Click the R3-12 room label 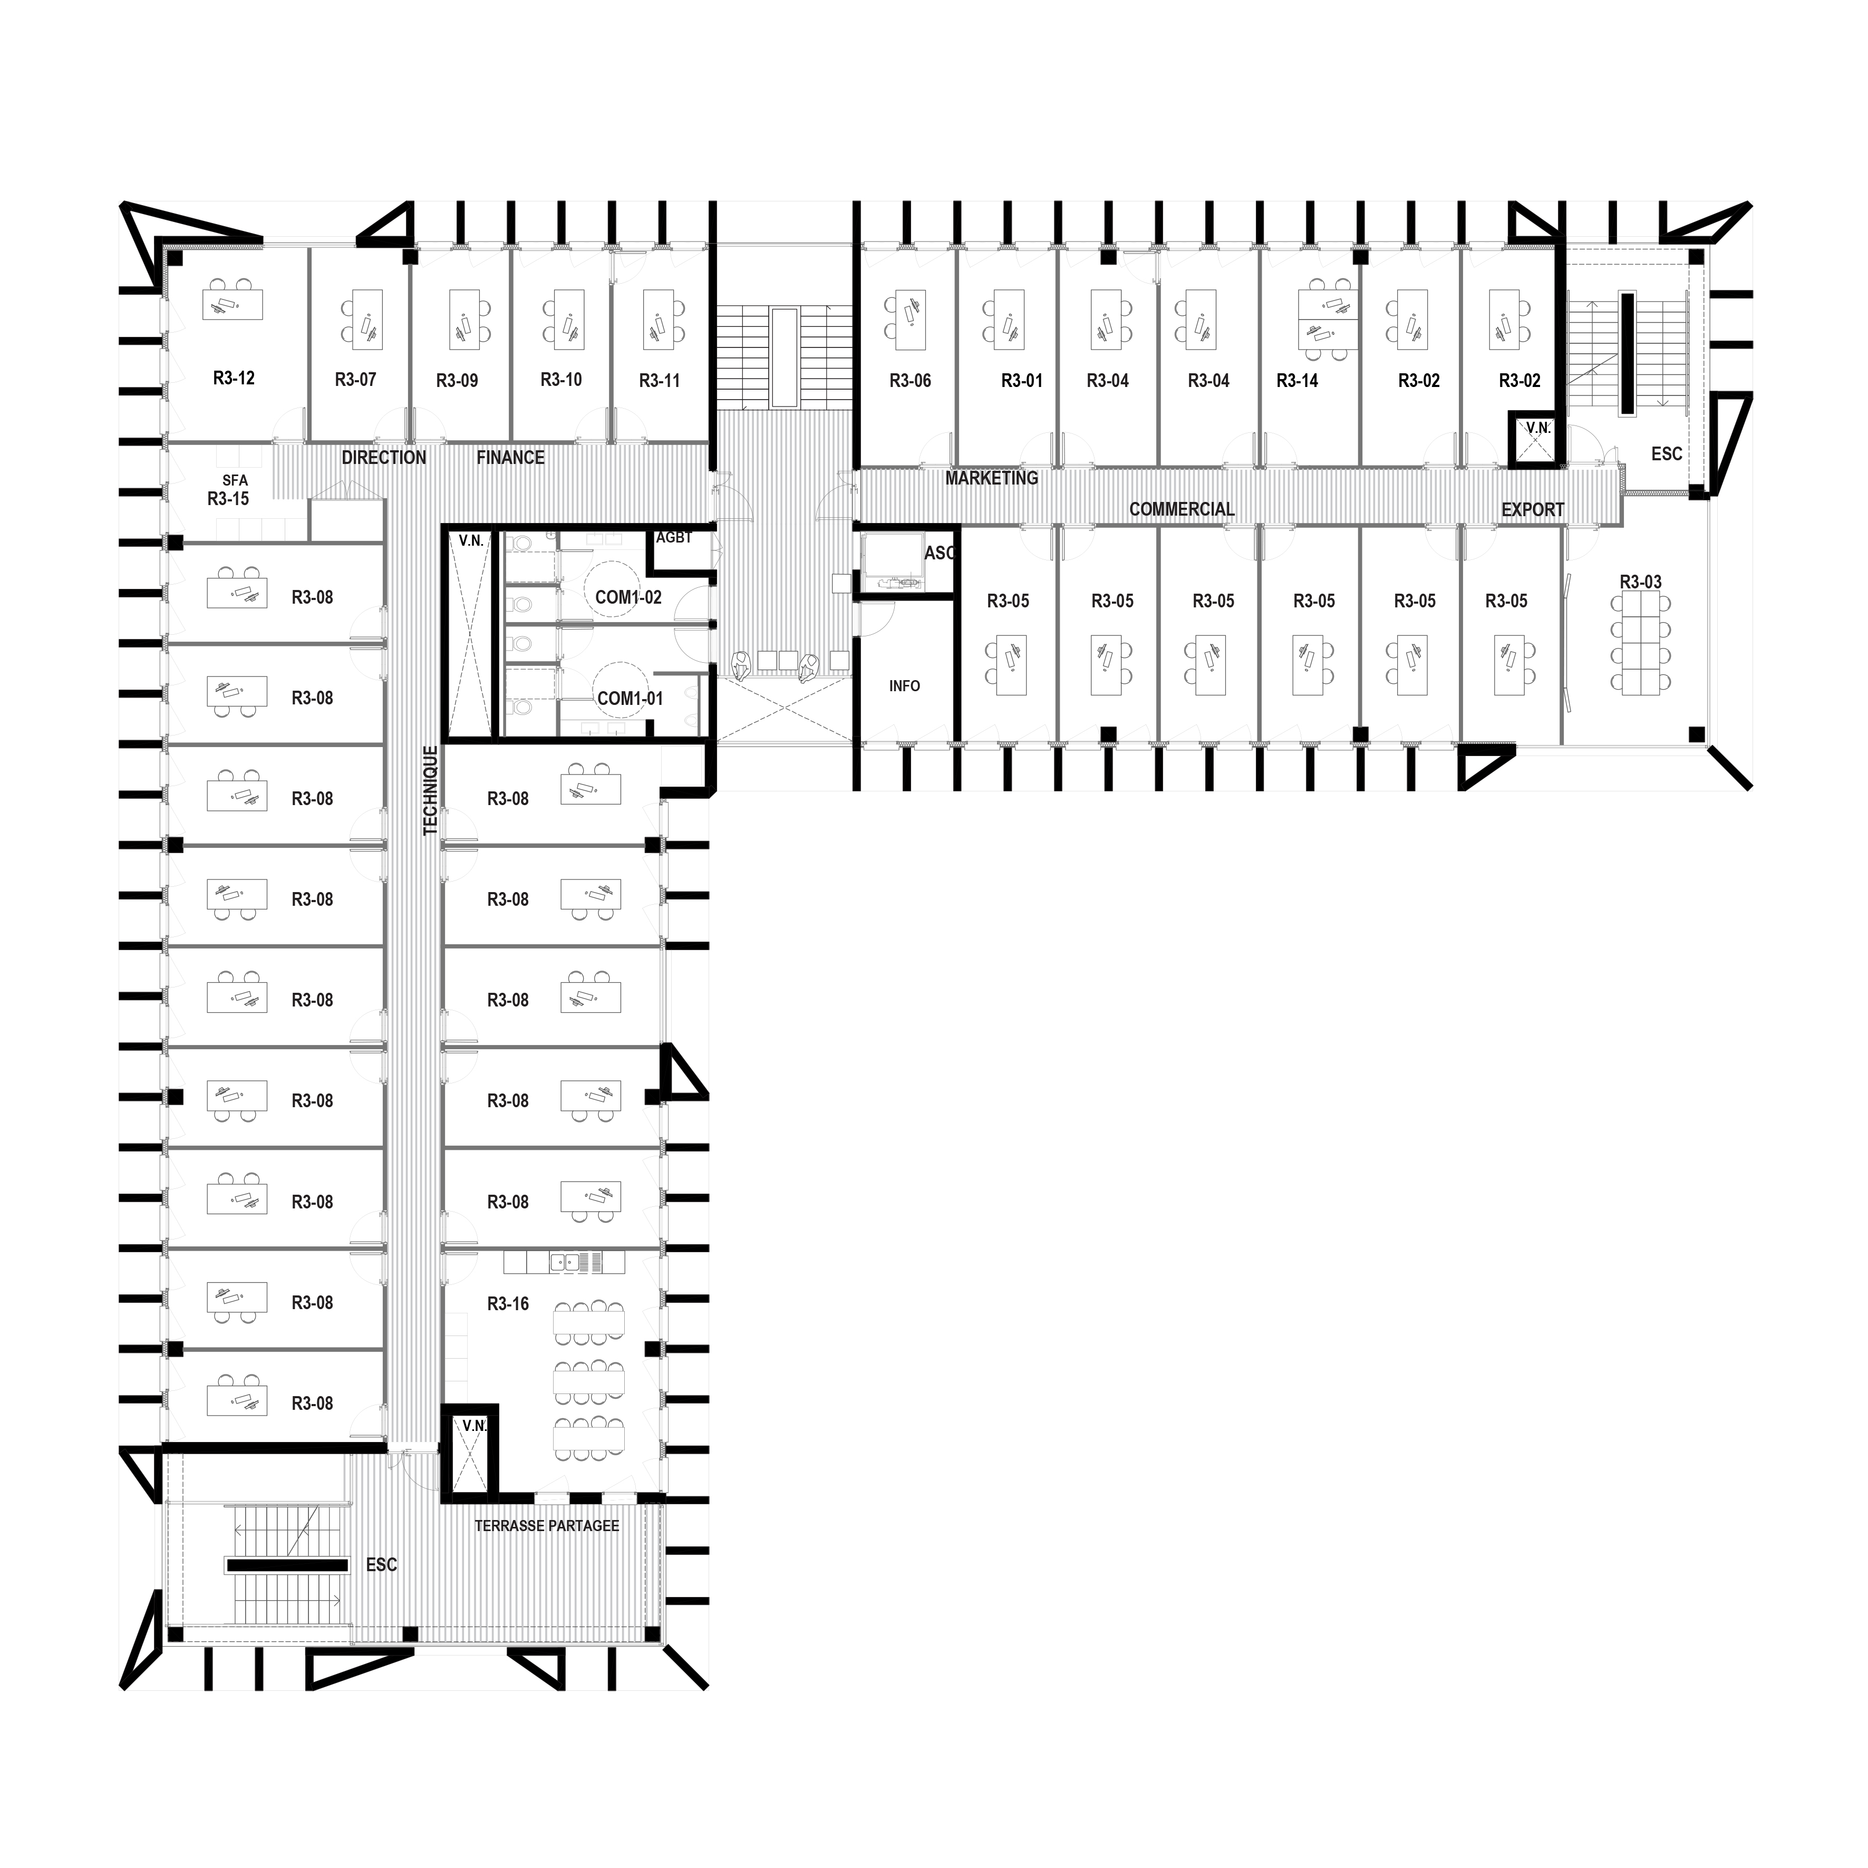[234, 378]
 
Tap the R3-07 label [355, 380]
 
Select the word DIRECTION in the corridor [384, 457]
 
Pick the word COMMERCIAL [1182, 509]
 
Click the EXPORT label [1533, 509]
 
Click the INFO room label [904, 685]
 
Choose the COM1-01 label [630, 698]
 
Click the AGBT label [674, 538]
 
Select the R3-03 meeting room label [1641, 582]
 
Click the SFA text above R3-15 [235, 480]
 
